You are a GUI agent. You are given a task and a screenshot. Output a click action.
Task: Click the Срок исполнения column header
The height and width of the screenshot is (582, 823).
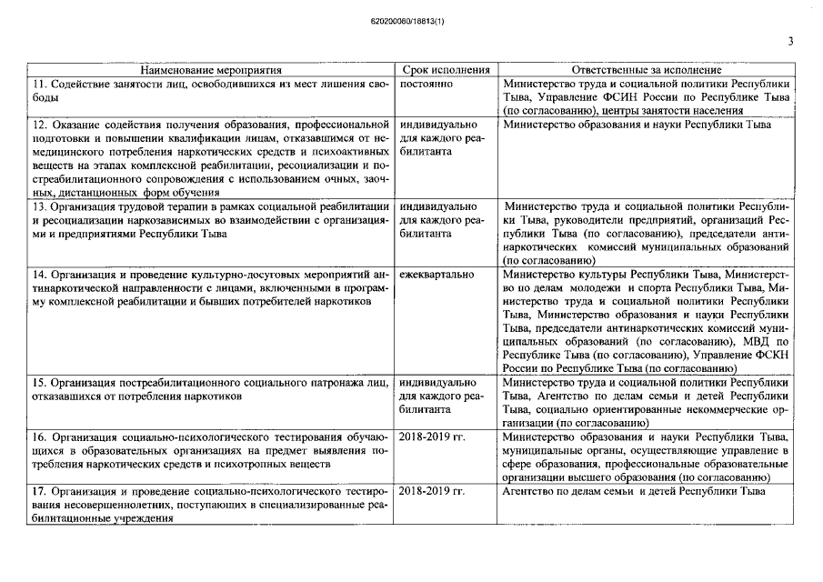[446, 69]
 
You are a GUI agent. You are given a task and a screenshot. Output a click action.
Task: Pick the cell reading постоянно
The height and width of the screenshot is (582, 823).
[426, 83]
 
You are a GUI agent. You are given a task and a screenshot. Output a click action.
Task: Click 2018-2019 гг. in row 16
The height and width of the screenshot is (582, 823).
[432, 436]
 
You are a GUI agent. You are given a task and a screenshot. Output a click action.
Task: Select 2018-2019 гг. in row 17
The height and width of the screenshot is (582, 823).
[432, 491]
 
